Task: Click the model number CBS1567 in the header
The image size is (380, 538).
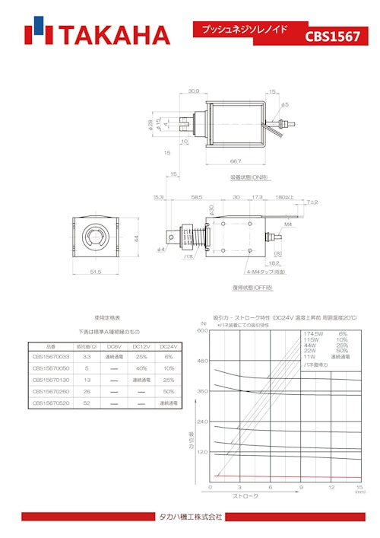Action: (332, 36)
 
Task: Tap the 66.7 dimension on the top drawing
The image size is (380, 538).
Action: (236, 161)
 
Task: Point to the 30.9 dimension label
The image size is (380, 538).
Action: (194, 91)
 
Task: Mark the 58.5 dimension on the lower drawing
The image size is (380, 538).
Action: (197, 197)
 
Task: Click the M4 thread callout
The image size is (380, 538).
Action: (289, 225)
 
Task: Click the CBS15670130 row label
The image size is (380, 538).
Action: (51, 379)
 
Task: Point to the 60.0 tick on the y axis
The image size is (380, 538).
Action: (201, 331)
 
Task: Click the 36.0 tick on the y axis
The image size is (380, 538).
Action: (201, 391)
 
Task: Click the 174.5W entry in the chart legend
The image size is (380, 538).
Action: (314, 333)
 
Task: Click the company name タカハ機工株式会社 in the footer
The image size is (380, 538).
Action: (190, 517)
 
